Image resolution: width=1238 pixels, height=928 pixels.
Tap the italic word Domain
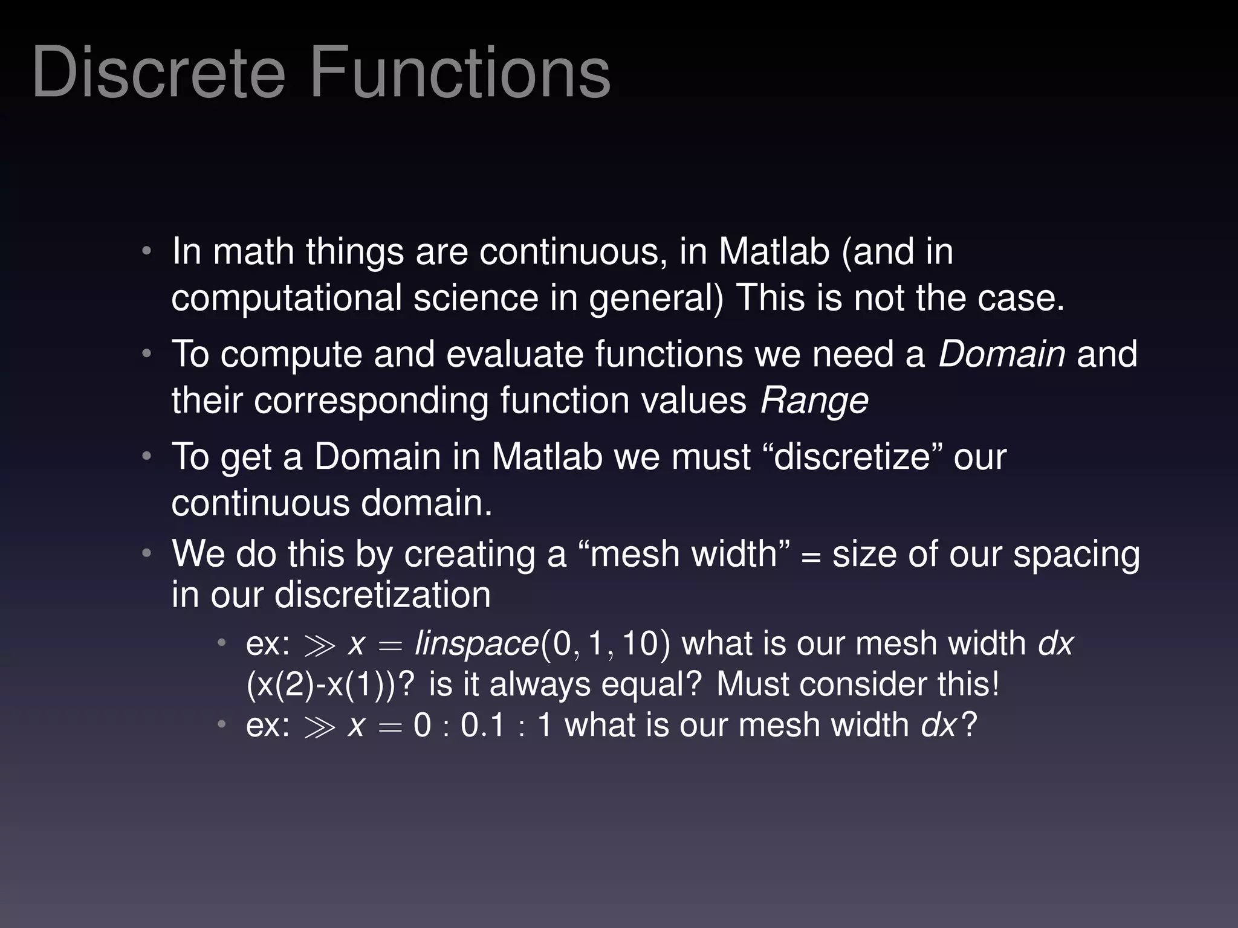(1001, 354)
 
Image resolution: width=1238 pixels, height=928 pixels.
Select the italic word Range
(814, 401)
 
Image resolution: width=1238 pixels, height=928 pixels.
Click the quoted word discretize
(851, 457)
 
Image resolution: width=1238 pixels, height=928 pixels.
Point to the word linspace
(476, 643)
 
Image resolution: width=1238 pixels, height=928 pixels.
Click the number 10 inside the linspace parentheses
(640, 643)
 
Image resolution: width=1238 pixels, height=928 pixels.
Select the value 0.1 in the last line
(482, 724)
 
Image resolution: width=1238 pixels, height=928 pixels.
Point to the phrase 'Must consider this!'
(858, 685)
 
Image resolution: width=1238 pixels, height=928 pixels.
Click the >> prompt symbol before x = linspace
(320, 645)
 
